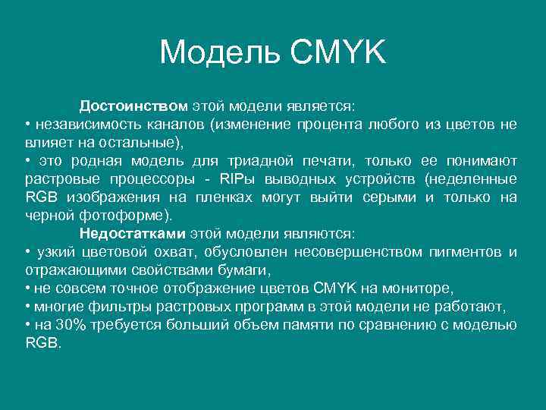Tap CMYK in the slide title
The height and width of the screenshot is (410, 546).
pyautogui.click(x=337, y=52)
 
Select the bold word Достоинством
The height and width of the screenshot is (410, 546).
pyautogui.click(x=133, y=106)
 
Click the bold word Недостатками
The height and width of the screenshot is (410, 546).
pyautogui.click(x=133, y=233)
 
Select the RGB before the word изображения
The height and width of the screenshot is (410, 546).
pyautogui.click(x=39, y=197)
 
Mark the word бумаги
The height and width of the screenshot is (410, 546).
pyautogui.click(x=247, y=270)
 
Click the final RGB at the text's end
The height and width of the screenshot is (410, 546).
pyautogui.click(x=39, y=342)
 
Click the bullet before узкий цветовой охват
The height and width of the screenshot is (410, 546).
pyautogui.click(x=27, y=251)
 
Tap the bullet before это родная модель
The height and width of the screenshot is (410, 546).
pyautogui.click(x=27, y=160)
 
